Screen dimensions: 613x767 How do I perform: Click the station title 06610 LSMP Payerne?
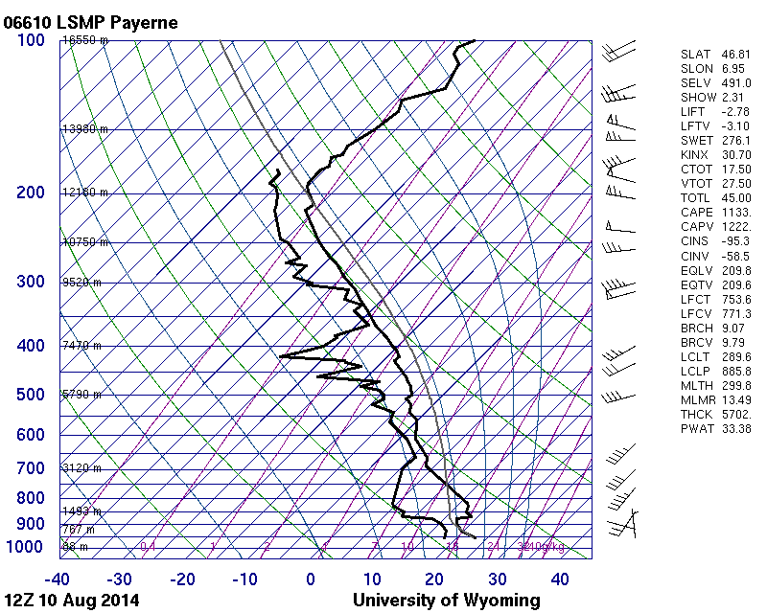tap(90, 22)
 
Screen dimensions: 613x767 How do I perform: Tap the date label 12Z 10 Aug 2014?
tap(72, 601)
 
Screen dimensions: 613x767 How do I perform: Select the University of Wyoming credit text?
tap(446, 601)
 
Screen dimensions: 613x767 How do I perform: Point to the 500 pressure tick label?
tap(31, 396)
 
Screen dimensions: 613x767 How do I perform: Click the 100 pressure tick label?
tap(31, 40)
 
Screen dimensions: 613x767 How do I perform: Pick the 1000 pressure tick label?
tap(26, 547)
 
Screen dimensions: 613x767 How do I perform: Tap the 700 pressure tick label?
tap(31, 468)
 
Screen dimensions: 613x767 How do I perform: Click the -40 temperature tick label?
tap(58, 579)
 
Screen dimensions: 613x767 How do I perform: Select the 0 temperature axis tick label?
tap(311, 579)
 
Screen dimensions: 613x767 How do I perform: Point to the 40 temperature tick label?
tap(560, 579)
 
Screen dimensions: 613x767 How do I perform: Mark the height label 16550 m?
tap(85, 40)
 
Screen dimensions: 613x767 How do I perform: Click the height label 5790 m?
tap(82, 394)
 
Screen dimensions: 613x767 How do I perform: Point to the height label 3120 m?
tap(82, 468)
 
